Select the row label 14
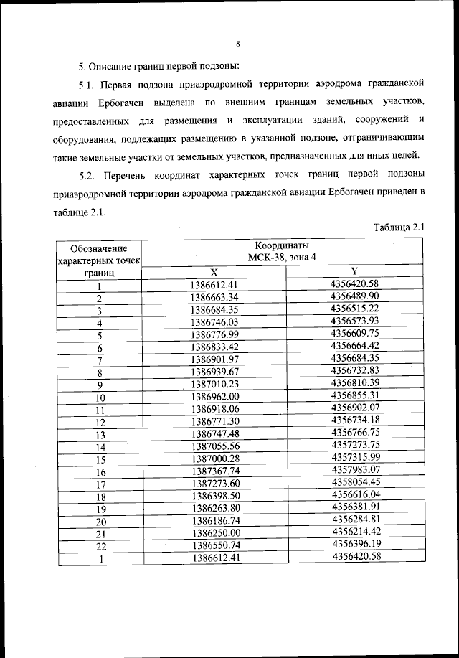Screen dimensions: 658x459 point(101,447)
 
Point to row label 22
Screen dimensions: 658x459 point(101,547)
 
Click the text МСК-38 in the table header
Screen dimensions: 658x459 point(261,258)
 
